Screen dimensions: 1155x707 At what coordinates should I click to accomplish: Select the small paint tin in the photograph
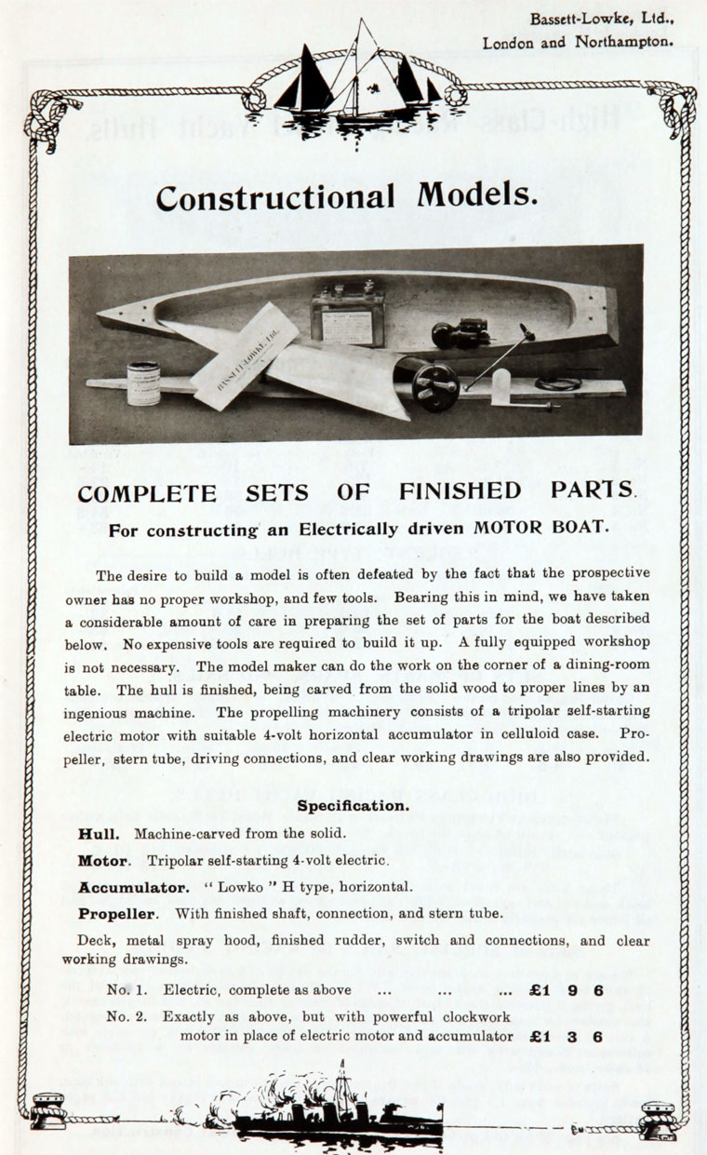(x=143, y=382)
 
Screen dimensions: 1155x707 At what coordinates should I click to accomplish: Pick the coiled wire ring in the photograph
(x=558, y=383)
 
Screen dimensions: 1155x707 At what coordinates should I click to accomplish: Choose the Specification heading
(x=353, y=805)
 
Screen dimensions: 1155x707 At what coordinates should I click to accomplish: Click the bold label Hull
(x=98, y=835)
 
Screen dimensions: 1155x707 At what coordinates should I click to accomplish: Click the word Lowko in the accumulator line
(x=219, y=887)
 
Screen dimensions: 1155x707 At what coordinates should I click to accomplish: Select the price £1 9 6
(x=567, y=989)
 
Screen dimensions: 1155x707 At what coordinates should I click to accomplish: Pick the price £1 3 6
(x=567, y=1036)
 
